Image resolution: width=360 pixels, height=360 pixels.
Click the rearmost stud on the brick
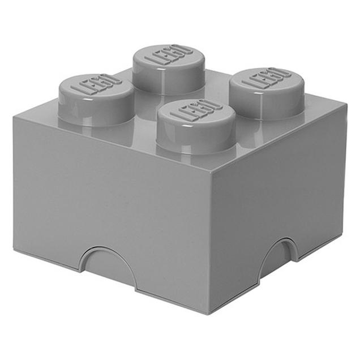click(x=169, y=70)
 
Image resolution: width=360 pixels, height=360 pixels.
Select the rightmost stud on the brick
click(x=268, y=93)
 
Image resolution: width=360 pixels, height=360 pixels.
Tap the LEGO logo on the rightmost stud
click(x=268, y=78)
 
